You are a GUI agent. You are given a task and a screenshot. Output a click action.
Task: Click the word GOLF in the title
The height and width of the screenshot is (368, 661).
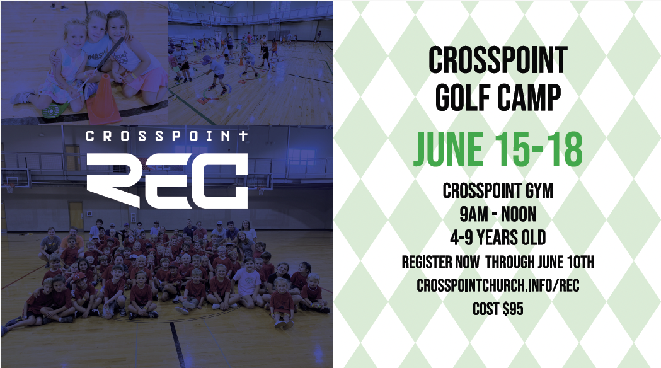point(463,98)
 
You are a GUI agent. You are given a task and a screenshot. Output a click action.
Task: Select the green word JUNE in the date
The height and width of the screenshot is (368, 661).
point(449,149)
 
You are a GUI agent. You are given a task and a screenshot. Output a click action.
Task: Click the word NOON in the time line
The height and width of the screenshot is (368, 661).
point(519,214)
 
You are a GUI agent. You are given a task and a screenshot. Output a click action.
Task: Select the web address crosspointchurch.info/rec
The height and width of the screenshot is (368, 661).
point(498,285)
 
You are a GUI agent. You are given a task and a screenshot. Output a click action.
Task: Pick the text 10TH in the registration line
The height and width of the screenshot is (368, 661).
point(580,262)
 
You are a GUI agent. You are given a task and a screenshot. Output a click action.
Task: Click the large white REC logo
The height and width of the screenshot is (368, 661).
point(168,180)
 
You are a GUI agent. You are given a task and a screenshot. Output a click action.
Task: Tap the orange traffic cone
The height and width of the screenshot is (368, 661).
point(103,101)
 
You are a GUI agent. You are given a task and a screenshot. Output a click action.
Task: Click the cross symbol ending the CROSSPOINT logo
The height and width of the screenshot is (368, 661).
point(243,135)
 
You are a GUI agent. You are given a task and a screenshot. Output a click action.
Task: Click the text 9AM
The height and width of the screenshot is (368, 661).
point(474,214)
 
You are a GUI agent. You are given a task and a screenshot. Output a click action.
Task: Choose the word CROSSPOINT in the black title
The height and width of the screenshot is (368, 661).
point(498,60)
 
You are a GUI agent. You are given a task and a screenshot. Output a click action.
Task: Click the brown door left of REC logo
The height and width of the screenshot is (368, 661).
point(76,216)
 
